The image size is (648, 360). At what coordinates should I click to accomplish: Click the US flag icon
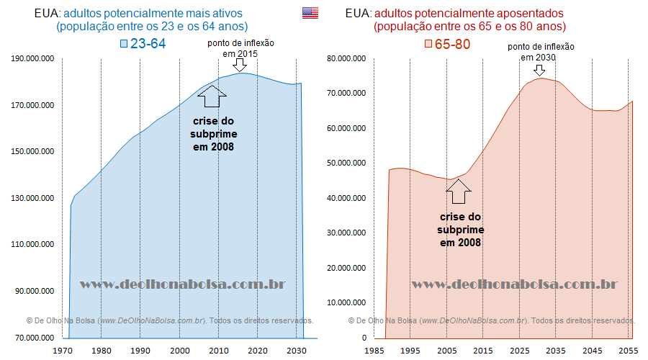coord(310,12)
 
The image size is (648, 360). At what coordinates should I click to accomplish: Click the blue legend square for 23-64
coord(124,44)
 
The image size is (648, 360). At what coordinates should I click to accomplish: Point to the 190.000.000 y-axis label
coord(32,59)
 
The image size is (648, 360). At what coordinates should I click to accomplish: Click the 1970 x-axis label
coord(62,351)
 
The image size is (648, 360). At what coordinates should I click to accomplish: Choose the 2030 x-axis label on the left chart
coord(296,351)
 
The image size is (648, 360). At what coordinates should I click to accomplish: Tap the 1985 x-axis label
coord(374,351)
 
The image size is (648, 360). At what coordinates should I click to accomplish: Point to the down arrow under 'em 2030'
coord(539,70)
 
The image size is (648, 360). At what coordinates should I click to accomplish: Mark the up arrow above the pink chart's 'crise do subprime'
coord(459,191)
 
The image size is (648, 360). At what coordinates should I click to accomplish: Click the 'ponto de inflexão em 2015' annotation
coord(240,48)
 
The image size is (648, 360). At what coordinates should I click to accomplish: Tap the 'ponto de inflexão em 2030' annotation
coord(541,52)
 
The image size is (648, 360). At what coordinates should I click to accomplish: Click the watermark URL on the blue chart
coord(182,284)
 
